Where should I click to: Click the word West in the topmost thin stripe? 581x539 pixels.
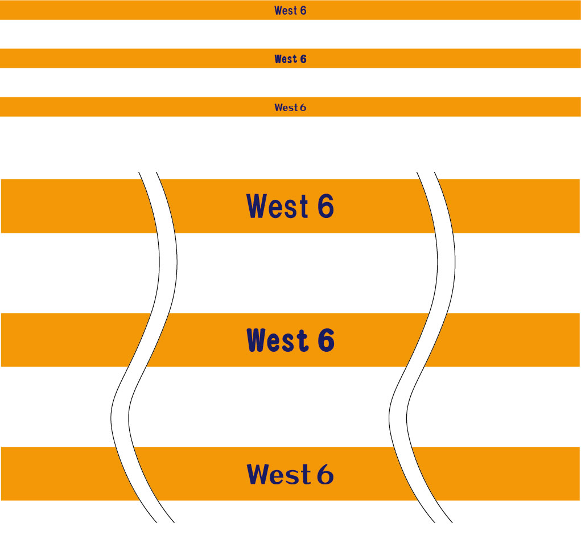[x=286, y=11]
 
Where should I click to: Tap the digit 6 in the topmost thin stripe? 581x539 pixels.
[x=303, y=11]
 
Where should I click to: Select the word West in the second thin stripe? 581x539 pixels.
[x=286, y=59]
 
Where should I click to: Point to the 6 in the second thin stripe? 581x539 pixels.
[x=303, y=59]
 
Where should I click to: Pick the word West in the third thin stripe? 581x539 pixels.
[x=286, y=108]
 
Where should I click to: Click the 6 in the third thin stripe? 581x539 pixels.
[x=303, y=108]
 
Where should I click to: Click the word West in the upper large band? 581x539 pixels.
[x=277, y=205]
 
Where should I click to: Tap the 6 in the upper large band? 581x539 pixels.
[x=325, y=205]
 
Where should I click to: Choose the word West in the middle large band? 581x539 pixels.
[x=277, y=340]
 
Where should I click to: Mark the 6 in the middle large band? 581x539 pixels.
[x=325, y=340]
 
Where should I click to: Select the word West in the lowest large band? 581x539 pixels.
[x=278, y=474]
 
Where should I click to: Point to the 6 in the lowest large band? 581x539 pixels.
[x=325, y=474]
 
